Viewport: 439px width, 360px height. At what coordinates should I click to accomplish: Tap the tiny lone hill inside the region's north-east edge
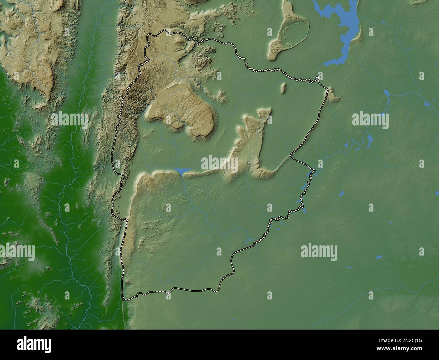[284, 88]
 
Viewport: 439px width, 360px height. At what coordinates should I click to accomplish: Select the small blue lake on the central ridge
[182, 172]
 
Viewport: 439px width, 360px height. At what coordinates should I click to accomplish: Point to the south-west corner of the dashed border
[124, 298]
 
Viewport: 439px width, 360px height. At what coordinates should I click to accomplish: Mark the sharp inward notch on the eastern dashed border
[291, 156]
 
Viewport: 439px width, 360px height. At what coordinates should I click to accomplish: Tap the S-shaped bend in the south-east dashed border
[232, 267]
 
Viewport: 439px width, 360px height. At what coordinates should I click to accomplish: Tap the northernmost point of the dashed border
[166, 30]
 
